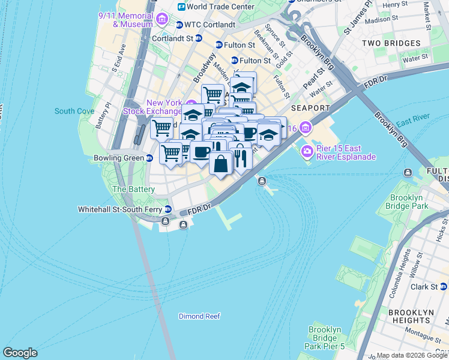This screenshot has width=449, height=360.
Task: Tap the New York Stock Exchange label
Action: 152,107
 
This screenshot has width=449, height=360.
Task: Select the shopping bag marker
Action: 221,163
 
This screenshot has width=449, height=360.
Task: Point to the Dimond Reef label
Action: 199,316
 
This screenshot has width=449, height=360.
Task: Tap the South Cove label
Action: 74,111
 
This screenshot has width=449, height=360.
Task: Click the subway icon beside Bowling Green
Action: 149,158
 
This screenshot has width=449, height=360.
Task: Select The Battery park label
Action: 134,189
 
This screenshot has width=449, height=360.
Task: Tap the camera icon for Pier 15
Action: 307,150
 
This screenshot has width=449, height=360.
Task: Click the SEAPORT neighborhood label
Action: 310,108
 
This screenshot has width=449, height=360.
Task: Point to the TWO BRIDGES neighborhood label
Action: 391,43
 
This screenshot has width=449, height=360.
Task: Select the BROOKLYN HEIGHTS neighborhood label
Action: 411,317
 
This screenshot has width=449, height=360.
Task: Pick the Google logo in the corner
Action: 20,353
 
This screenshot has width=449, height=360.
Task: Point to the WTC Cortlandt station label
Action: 207,25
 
